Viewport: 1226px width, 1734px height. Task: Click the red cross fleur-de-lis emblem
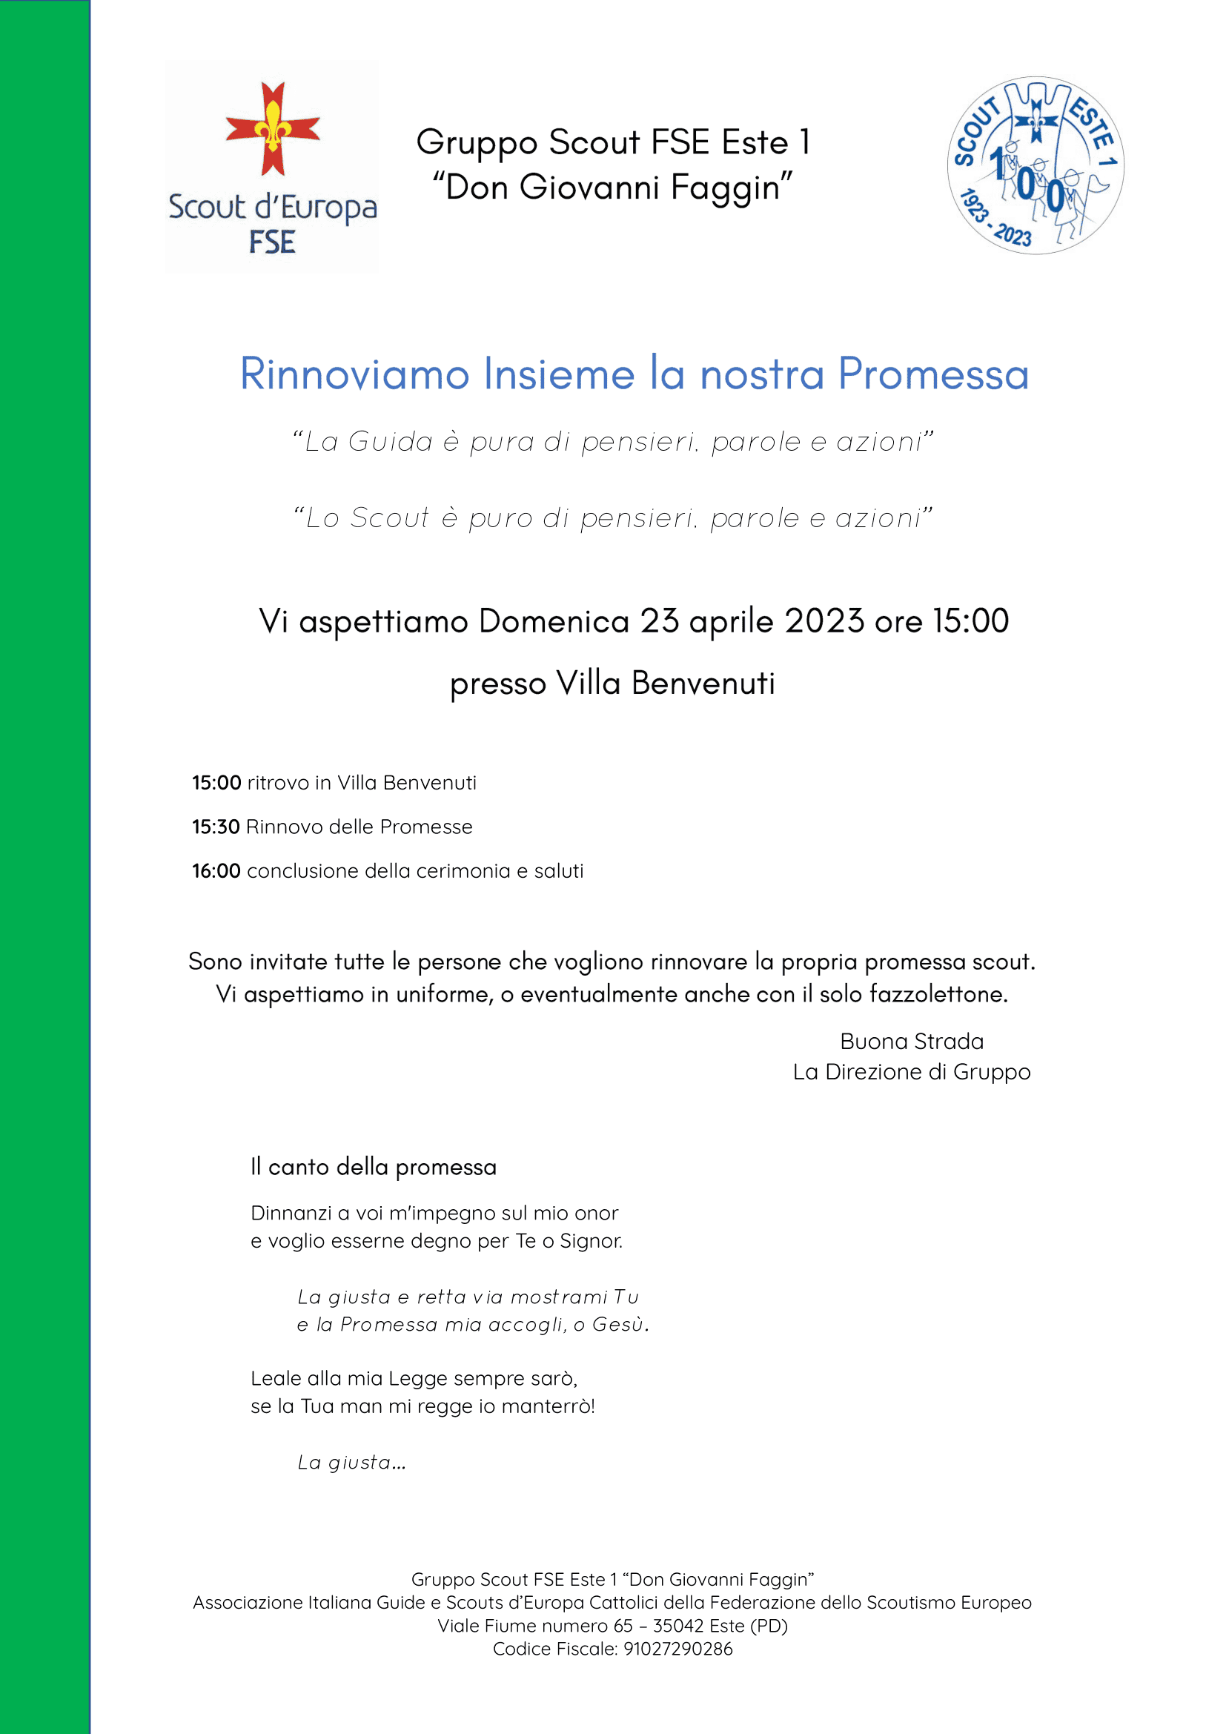[x=273, y=129]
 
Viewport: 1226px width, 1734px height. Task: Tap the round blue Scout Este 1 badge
[x=1035, y=165]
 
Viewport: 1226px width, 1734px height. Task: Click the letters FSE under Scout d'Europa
[x=272, y=242]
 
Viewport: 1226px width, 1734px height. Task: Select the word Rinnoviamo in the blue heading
[x=354, y=374]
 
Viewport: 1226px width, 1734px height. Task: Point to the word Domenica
[x=554, y=621]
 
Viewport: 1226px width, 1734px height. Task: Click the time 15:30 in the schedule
[x=216, y=827]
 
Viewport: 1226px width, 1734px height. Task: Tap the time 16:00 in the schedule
[x=216, y=871]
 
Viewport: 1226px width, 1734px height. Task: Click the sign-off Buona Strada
[x=911, y=1042]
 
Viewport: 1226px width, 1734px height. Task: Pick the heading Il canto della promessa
[x=373, y=1167]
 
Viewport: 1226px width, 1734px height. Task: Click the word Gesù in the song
[x=619, y=1324]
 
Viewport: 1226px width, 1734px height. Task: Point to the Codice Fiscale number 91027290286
[x=677, y=1649]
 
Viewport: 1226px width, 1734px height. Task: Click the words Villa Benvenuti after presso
[x=665, y=684]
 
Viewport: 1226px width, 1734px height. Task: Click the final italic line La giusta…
[x=352, y=1462]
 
